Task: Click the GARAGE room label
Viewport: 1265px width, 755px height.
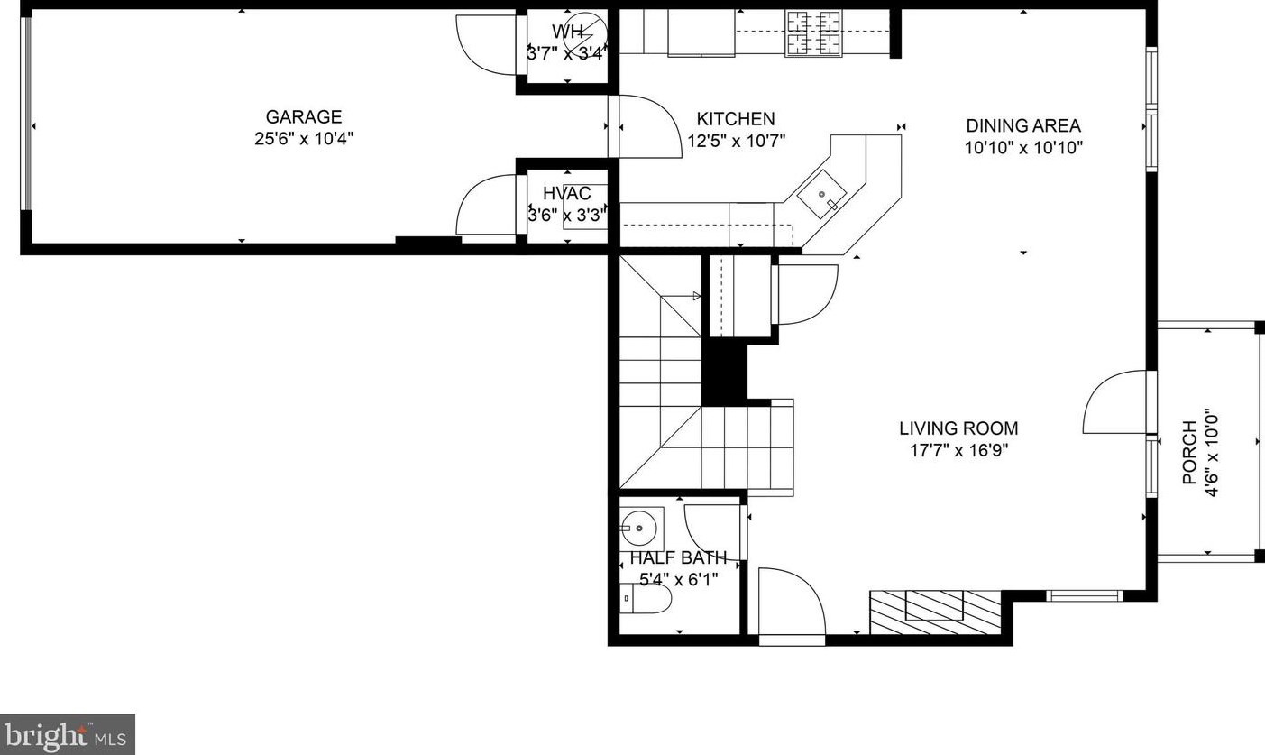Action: (303, 117)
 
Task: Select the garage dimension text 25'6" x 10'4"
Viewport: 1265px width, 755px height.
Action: (303, 139)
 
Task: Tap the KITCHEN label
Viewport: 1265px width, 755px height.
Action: (735, 119)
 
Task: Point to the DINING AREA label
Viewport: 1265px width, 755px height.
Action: (1022, 126)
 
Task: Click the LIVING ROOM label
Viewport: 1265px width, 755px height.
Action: (958, 428)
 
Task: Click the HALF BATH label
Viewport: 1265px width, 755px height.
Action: (678, 557)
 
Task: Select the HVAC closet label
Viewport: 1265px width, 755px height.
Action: (566, 193)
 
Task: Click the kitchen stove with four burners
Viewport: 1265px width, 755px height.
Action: (813, 33)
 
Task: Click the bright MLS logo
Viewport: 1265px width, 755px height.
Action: (68, 734)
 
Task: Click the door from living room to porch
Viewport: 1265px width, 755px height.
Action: (1118, 402)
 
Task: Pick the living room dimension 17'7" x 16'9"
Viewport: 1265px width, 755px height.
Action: (958, 450)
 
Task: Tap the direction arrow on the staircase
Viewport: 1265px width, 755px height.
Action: (695, 295)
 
